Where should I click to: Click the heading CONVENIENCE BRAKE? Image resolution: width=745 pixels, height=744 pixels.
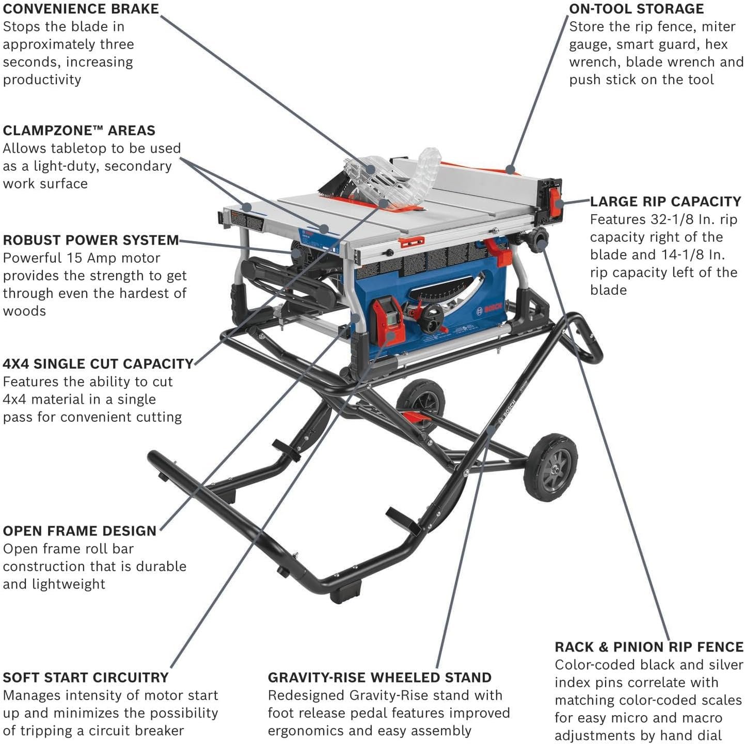pyautogui.click(x=81, y=9)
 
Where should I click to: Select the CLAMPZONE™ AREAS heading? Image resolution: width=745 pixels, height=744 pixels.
pyautogui.click(x=79, y=131)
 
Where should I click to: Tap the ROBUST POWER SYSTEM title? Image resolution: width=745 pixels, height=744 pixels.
pyautogui.click(x=91, y=240)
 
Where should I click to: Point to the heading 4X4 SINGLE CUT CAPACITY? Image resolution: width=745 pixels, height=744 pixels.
pyautogui.click(x=98, y=364)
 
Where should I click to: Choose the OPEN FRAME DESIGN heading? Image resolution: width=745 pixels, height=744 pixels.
pyautogui.click(x=80, y=531)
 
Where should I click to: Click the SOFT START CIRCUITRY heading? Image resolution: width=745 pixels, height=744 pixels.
pyautogui.click(x=86, y=677)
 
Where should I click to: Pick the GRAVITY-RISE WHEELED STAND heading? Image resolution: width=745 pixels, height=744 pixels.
pyautogui.click(x=379, y=677)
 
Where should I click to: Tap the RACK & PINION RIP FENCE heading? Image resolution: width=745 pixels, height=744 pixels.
pyautogui.click(x=649, y=647)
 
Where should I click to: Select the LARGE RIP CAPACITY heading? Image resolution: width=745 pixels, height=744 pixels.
pyautogui.click(x=665, y=201)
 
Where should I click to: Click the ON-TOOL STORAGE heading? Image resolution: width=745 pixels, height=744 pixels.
pyautogui.click(x=636, y=9)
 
